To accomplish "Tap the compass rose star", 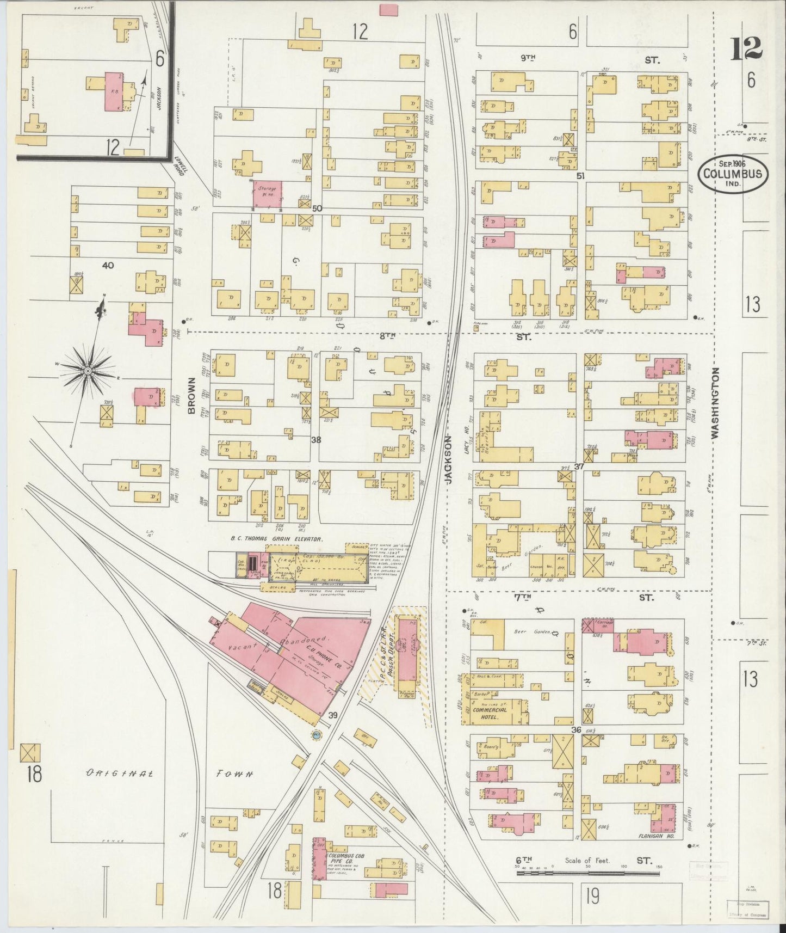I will [87, 371].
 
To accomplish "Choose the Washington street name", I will [715, 403].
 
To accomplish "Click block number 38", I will [316, 440].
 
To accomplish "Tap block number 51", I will [580, 176].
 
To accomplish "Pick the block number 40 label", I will [108, 265].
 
